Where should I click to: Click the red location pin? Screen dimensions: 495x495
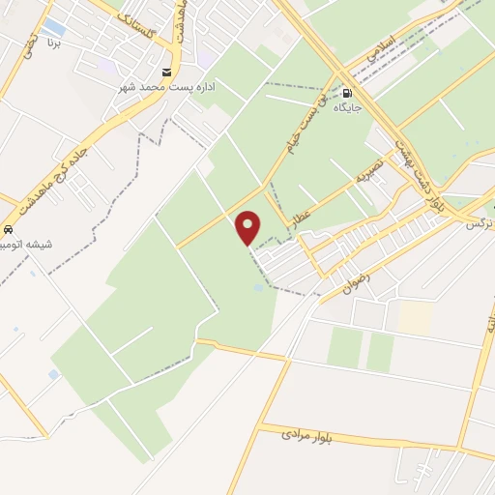[x=248, y=227]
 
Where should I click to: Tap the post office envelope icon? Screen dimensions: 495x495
[x=167, y=73]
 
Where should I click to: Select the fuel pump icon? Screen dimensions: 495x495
[x=346, y=94]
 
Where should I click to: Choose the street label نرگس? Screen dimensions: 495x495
[x=477, y=223]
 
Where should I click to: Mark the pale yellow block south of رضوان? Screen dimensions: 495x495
[x=415, y=317]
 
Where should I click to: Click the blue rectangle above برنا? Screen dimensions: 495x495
[x=55, y=28]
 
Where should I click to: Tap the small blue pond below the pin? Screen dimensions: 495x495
[x=258, y=287]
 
